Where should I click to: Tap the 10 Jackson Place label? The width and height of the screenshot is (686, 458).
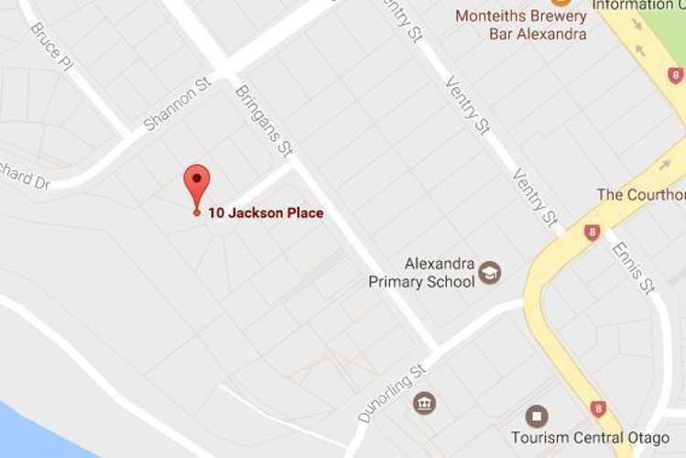[x=266, y=213]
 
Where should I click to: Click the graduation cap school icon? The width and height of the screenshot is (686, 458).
[x=490, y=272]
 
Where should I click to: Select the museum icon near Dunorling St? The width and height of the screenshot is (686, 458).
[x=424, y=403]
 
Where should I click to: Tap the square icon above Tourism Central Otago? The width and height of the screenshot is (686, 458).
[x=536, y=418]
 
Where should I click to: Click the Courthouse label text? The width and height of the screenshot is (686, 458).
[x=640, y=194]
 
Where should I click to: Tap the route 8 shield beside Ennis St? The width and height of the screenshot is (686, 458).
[x=593, y=232]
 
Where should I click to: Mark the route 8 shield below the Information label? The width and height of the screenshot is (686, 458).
[x=675, y=75]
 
